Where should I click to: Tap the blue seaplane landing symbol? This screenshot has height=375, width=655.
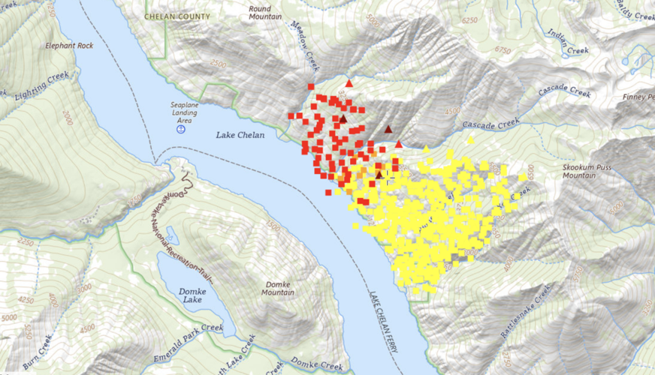click(x=181, y=129)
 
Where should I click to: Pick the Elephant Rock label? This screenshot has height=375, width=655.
click(x=69, y=45)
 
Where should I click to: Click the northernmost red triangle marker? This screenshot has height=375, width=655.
click(x=349, y=82)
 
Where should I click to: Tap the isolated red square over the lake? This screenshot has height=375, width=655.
click(x=329, y=193)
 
